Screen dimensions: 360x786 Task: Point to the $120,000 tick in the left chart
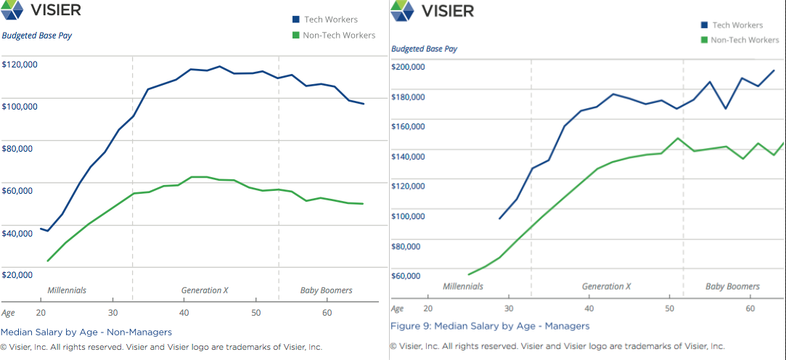20,65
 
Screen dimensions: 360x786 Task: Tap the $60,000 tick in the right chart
407,276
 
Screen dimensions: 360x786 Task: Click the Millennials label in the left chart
67,290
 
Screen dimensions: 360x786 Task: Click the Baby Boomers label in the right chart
732,287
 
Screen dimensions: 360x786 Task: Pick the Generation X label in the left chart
205,290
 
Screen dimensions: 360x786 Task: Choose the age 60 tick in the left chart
327,312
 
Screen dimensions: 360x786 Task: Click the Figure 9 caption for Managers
490,326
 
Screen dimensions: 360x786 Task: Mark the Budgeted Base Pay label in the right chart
424,49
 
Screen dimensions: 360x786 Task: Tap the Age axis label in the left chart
8,312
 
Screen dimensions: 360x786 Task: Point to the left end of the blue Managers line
500,218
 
